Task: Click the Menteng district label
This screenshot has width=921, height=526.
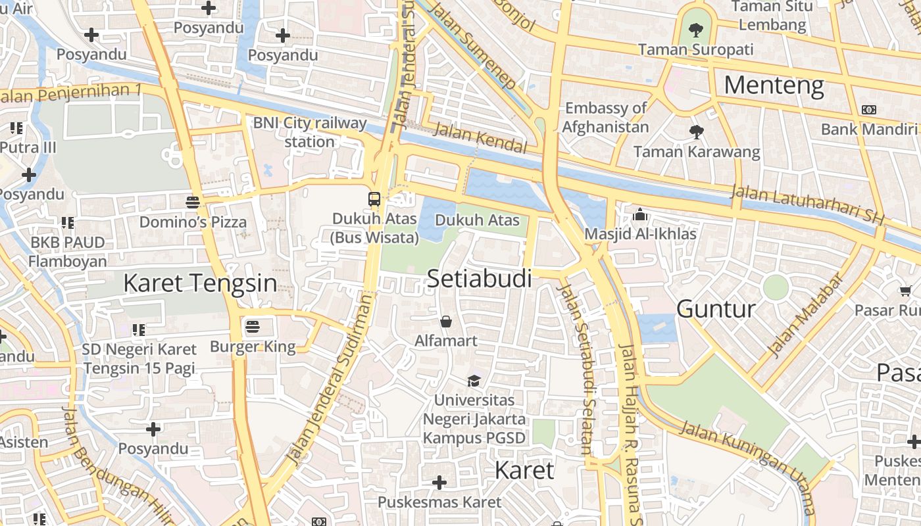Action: pyautogui.click(x=774, y=85)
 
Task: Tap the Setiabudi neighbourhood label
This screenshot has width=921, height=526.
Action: pyautogui.click(x=479, y=279)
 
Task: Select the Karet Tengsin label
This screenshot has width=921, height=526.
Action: pyautogui.click(x=200, y=283)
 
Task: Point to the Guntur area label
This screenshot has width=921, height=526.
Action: pyautogui.click(x=716, y=308)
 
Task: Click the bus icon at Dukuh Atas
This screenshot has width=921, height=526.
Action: pyautogui.click(x=374, y=199)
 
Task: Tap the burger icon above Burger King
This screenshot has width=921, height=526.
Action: pyautogui.click(x=253, y=326)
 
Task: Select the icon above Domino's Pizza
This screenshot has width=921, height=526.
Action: pyautogui.click(x=193, y=202)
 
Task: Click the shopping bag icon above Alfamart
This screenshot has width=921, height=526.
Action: pyautogui.click(x=446, y=322)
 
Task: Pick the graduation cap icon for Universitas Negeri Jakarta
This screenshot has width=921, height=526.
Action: pyautogui.click(x=474, y=380)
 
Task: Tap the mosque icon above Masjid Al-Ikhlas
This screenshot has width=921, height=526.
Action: pyautogui.click(x=639, y=214)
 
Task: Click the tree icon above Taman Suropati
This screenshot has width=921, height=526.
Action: pyautogui.click(x=695, y=30)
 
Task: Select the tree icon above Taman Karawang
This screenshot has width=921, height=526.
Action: pyautogui.click(x=696, y=132)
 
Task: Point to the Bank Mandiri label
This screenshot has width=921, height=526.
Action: pyautogui.click(x=868, y=129)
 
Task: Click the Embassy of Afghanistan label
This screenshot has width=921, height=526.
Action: pyautogui.click(x=606, y=117)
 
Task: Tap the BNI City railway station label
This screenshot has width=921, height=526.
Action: pyautogui.click(x=310, y=131)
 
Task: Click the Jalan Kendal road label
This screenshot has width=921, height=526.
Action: pyautogui.click(x=480, y=138)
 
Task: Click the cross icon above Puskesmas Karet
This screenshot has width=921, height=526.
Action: pyautogui.click(x=439, y=483)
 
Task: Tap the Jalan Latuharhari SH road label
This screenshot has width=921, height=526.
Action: pyautogui.click(x=807, y=203)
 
